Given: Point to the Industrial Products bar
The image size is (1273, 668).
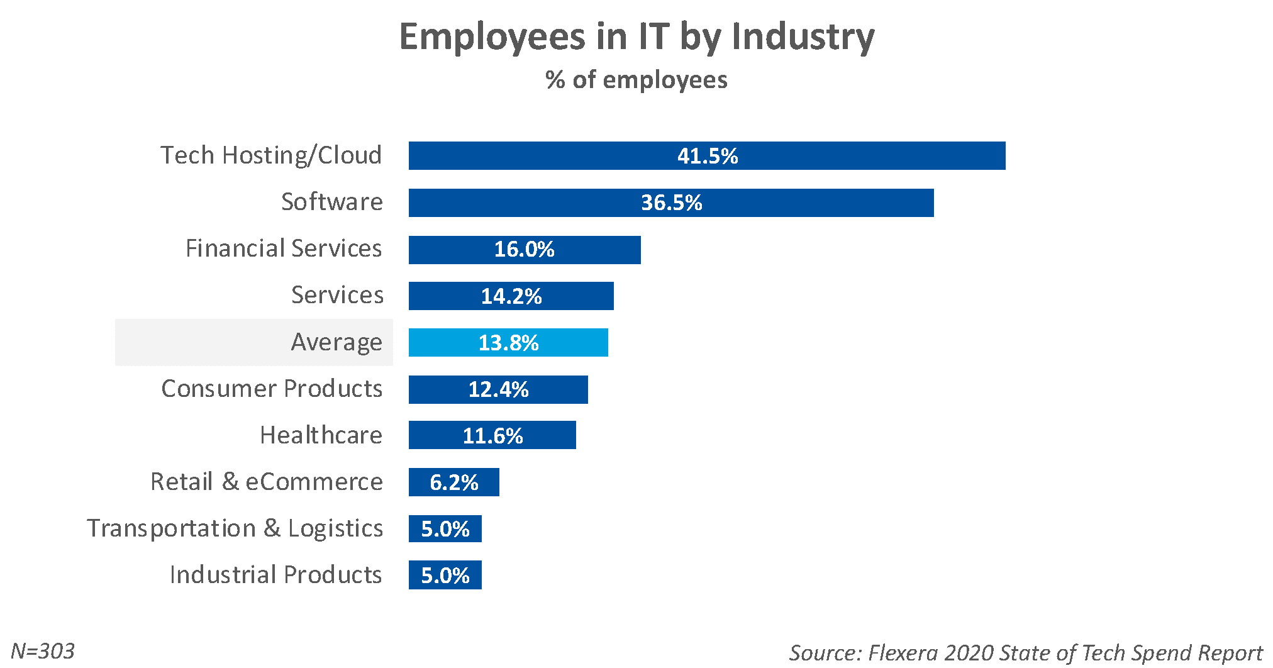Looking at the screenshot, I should click(445, 575).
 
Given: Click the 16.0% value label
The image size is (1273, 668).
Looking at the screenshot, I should click(524, 250).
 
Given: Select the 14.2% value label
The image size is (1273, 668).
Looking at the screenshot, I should click(511, 296).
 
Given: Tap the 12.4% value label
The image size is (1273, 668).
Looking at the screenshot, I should click(498, 389).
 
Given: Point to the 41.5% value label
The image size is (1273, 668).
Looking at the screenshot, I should click(708, 156).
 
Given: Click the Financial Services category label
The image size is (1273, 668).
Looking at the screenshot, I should click(284, 248).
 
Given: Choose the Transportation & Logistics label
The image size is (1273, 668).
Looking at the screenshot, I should click(235, 528).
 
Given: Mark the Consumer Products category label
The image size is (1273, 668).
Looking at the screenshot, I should click(272, 389).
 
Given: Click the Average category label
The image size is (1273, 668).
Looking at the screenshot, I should click(336, 342).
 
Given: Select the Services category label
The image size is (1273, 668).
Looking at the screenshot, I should click(337, 295).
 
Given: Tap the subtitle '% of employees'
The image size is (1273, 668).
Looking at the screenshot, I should click(636, 80).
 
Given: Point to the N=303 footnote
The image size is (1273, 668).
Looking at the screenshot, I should click(43, 651).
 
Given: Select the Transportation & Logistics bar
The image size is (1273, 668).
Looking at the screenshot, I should click(445, 528).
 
